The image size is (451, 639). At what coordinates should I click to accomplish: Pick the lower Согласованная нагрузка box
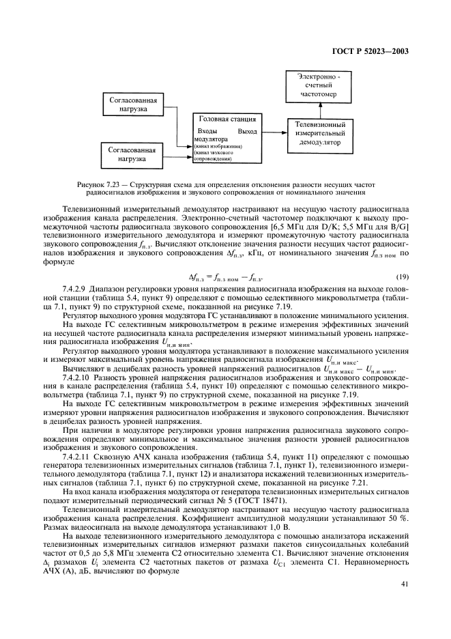pyautogui.click(x=134, y=154)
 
